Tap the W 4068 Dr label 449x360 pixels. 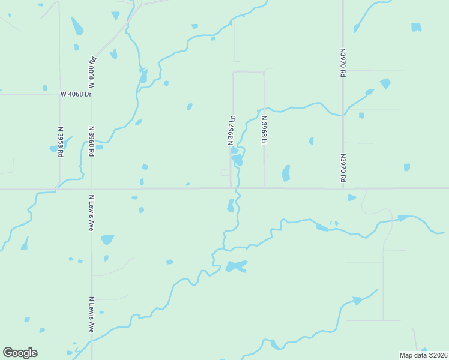click(x=76, y=94)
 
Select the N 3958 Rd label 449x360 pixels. click(x=61, y=142)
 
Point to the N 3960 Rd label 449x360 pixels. click(x=91, y=141)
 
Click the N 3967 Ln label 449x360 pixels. click(x=231, y=130)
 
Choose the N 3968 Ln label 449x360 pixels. click(x=264, y=131)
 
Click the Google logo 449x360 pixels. click(x=20, y=353)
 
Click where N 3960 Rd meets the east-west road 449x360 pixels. click(x=91, y=188)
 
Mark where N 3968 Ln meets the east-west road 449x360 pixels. click(x=264, y=188)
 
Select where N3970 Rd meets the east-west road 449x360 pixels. click(x=343, y=188)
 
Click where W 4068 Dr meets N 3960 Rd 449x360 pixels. click(x=91, y=94)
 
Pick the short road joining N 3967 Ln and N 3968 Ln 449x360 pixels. click(x=248, y=71)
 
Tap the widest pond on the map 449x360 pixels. click(x=237, y=266)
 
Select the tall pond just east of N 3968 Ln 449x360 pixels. click(x=286, y=173)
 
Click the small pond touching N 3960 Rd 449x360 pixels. click(x=99, y=147)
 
